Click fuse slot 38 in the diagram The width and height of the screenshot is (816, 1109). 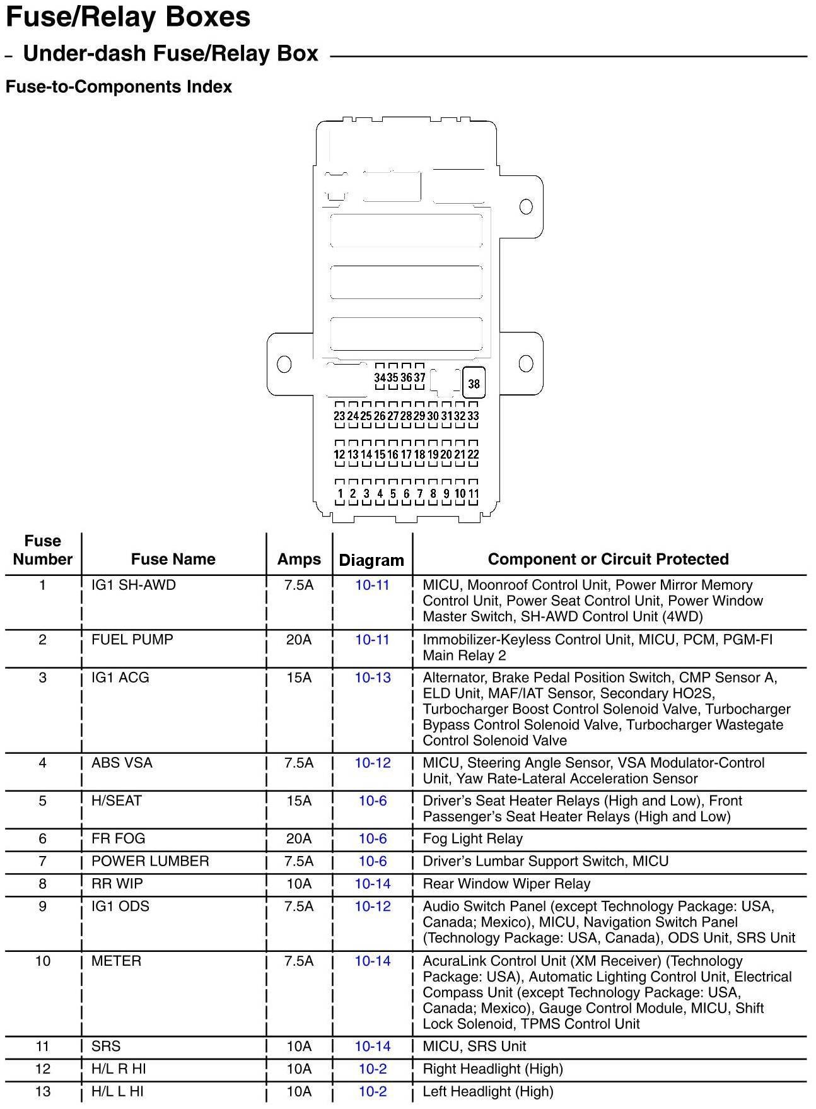pyautogui.click(x=474, y=384)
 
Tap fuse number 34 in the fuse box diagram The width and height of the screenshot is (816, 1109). pyautogui.click(x=380, y=377)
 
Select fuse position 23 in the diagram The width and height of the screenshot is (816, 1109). pyautogui.click(x=339, y=416)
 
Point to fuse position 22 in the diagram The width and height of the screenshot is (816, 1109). pyautogui.click(x=473, y=454)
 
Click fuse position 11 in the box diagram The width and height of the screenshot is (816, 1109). pyautogui.click(x=474, y=493)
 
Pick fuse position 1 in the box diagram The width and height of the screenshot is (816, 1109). pyautogui.click(x=340, y=493)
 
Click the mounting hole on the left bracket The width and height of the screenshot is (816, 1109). pyautogui.click(x=284, y=364)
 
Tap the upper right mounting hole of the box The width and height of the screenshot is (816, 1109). pyautogui.click(x=525, y=206)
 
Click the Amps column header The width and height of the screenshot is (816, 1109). pyautogui.click(x=299, y=559)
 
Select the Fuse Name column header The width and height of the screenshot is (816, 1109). pyautogui.click(x=173, y=559)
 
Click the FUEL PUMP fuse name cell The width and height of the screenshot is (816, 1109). pyautogui.click(x=132, y=640)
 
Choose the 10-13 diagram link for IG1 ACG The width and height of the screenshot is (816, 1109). pyautogui.click(x=373, y=678)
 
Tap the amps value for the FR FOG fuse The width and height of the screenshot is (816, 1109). pyautogui.click(x=299, y=838)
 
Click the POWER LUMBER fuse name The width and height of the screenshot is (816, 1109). pyautogui.click(x=150, y=861)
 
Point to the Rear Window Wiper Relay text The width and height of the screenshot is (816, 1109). pyautogui.click(x=506, y=884)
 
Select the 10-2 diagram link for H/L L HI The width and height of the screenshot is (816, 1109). pyautogui.click(x=373, y=1091)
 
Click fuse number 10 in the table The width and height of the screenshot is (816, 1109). pyautogui.click(x=43, y=961)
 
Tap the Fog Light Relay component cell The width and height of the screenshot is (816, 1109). pyautogui.click(x=472, y=838)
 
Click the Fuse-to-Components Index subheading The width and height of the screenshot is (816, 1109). pyautogui.click(x=119, y=86)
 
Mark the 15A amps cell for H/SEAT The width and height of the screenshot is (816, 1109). pyautogui.click(x=299, y=801)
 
